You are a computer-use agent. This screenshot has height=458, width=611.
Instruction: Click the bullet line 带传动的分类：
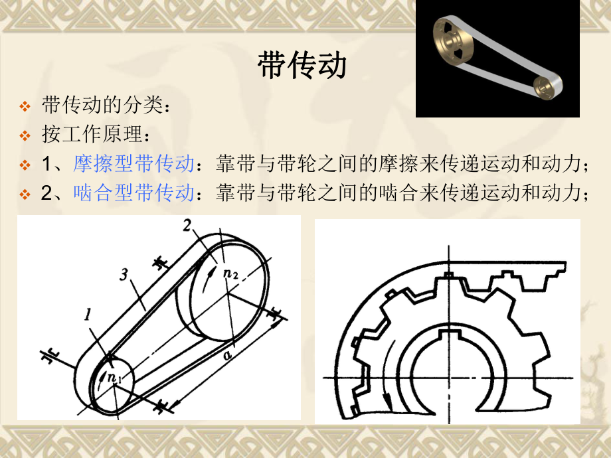tap(106, 106)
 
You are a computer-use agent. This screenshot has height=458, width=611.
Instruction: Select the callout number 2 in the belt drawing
tap(188, 228)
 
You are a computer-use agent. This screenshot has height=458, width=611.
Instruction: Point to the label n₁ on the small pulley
tap(114, 378)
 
